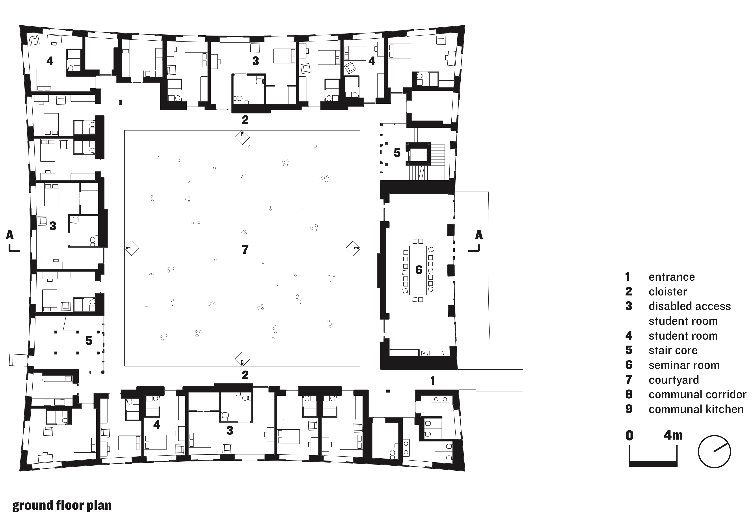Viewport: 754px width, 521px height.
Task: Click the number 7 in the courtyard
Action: (x=245, y=250)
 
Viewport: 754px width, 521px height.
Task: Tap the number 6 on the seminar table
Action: (x=419, y=270)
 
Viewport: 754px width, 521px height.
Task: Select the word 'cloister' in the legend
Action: (x=668, y=292)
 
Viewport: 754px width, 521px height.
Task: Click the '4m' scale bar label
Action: (x=673, y=435)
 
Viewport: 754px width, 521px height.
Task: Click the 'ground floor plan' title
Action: (x=62, y=505)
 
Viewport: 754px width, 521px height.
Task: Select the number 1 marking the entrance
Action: (x=432, y=380)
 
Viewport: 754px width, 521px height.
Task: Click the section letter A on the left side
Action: (x=10, y=235)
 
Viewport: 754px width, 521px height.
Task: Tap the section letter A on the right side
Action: (x=478, y=235)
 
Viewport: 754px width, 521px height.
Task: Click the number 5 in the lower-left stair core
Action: (x=89, y=341)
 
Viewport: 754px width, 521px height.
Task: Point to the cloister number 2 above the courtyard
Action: (x=245, y=120)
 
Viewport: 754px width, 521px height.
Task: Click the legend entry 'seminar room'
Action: (x=684, y=365)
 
